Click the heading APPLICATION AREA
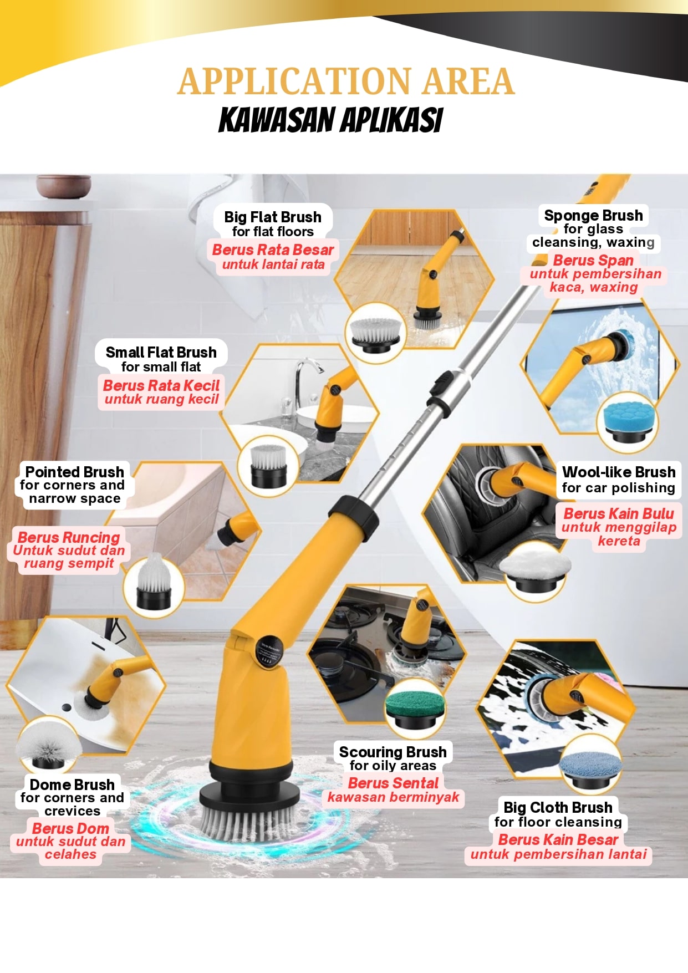[x=346, y=81]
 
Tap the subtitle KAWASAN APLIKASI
[x=331, y=120]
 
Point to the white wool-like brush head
[x=536, y=569]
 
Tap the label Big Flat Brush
[x=273, y=217]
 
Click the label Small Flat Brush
[x=161, y=352]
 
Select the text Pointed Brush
[x=74, y=472]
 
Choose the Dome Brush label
[x=72, y=784]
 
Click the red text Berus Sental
[x=393, y=783]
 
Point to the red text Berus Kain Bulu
[x=619, y=513]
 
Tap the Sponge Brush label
[x=593, y=216]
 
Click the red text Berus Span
[x=593, y=260]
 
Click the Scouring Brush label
[x=393, y=752]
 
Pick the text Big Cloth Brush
[x=558, y=807]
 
